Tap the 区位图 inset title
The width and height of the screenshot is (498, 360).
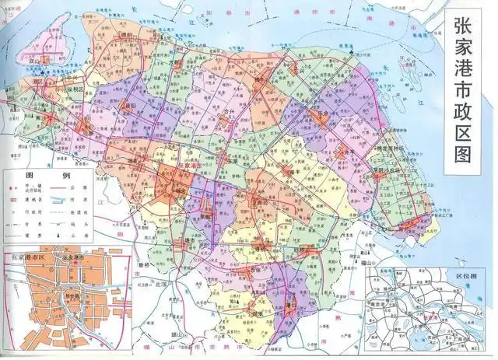(474, 274)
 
